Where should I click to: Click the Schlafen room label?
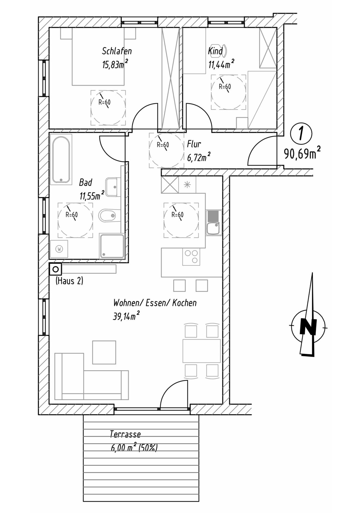tap(117, 51)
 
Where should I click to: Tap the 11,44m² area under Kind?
tap(221, 64)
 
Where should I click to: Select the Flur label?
tap(194, 144)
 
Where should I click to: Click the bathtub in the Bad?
tap(61, 160)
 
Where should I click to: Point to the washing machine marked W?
tap(59, 249)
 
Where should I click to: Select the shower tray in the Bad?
tap(112, 246)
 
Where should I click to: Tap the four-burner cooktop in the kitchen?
tap(191, 257)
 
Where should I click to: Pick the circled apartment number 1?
tap(301, 134)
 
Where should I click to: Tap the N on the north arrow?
tap(308, 326)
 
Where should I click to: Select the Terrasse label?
tap(125, 434)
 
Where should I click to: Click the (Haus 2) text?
tap(69, 281)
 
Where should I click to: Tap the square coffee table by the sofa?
tap(104, 352)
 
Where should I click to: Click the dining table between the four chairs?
tap(201, 351)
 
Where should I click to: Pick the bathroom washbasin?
tap(112, 187)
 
